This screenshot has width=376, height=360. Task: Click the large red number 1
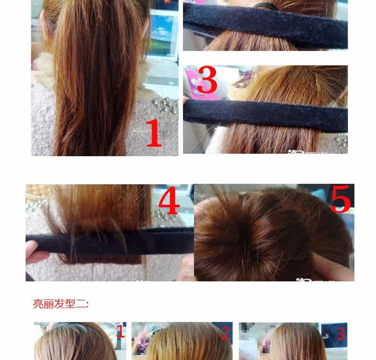(154, 133)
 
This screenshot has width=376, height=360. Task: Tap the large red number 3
(207, 81)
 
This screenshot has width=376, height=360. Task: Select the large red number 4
(169, 201)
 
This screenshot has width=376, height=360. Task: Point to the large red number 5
(340, 199)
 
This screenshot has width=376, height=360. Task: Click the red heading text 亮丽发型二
(60, 303)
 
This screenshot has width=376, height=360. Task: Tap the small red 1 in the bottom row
(120, 331)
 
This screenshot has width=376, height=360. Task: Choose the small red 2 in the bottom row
(225, 333)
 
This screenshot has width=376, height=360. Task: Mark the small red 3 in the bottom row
(340, 333)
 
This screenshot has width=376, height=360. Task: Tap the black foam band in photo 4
(110, 243)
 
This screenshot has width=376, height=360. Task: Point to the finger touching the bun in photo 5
(331, 268)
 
